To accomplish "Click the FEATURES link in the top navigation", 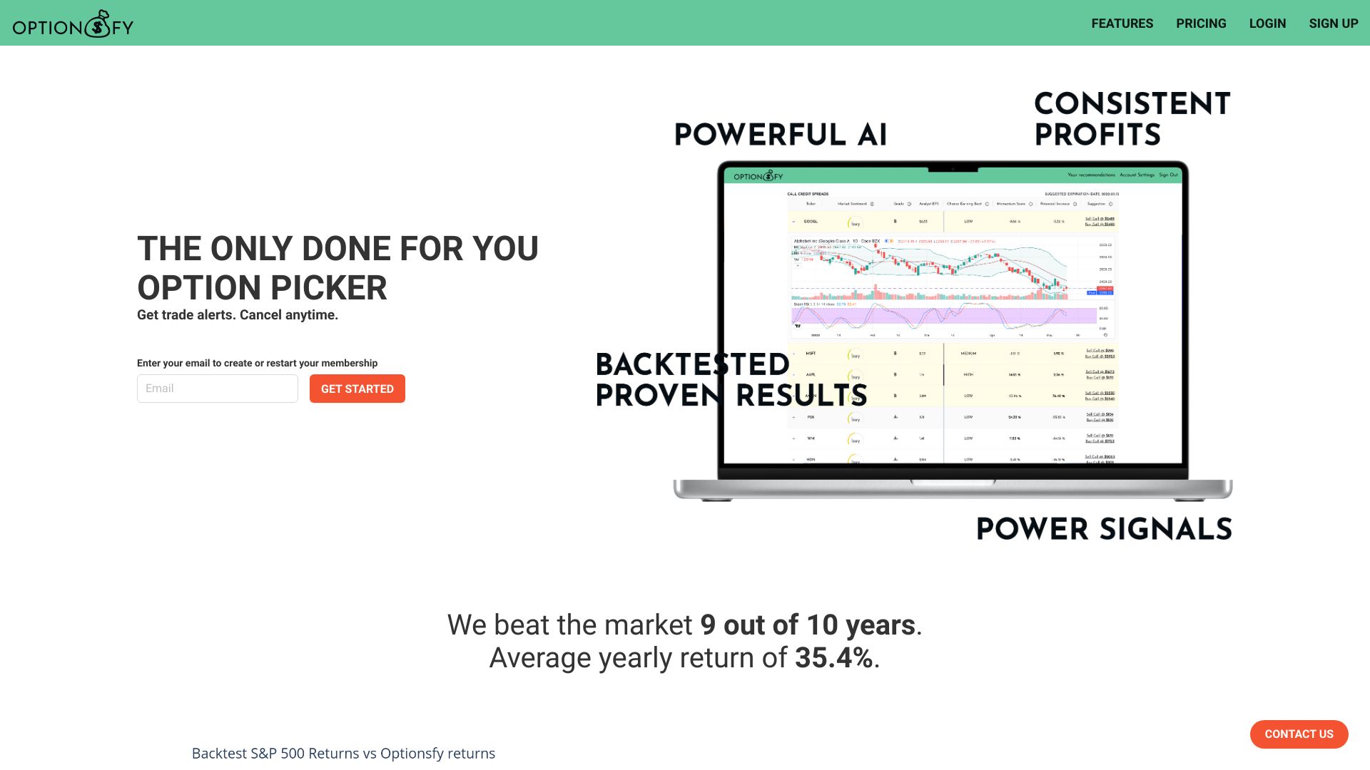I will [1122, 24].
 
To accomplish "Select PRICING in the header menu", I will [1201, 24].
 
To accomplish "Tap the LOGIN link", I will [1267, 24].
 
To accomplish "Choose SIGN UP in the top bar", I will [1333, 24].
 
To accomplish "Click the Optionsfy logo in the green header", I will [73, 25].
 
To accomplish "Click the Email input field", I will [218, 389].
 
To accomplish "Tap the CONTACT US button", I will [1299, 734].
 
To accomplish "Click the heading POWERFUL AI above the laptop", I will [781, 135].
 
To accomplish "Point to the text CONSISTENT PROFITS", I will [1132, 119].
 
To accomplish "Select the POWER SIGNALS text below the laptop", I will [1104, 529].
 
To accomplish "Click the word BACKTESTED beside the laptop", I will [692, 364].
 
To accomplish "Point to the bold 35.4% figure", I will [833, 658].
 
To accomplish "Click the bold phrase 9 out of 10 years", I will [808, 625].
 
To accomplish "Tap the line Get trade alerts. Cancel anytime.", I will [238, 315].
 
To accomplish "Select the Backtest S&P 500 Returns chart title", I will [343, 754].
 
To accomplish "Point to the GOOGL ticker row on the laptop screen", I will [811, 222].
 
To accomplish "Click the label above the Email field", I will [257, 363].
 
